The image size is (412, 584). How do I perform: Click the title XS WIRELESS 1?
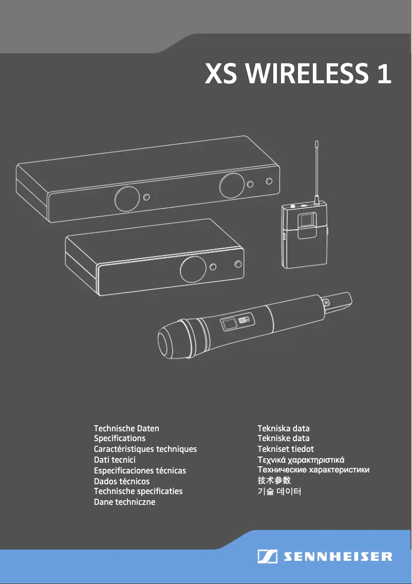[x=298, y=74]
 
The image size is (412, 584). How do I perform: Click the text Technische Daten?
[x=126, y=428]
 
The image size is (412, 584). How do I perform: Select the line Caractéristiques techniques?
[x=145, y=449]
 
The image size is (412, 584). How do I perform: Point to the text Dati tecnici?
[x=115, y=460]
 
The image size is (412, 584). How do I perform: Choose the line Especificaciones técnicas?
[x=140, y=471]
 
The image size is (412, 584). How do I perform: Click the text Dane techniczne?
[x=124, y=502]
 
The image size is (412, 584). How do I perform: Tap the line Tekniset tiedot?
[x=285, y=449]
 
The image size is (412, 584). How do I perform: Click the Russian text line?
[x=313, y=470]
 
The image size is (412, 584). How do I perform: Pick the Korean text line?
[x=279, y=492]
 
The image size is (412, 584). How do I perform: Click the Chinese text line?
[x=274, y=481]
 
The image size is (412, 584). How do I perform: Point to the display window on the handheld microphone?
[x=229, y=324]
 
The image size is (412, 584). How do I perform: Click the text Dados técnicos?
[x=122, y=482]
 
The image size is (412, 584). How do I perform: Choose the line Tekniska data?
[x=283, y=428]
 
